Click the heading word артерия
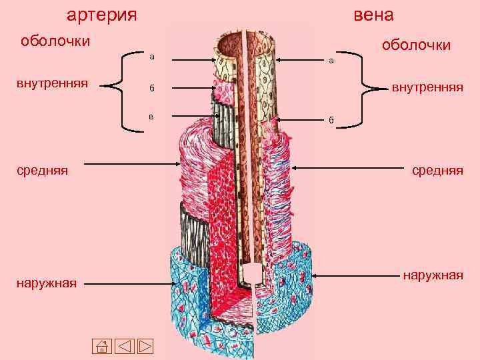tap(103, 14)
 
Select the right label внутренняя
tap(427, 87)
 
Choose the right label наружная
tap(432, 275)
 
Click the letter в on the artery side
tap(151, 116)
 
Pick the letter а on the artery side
tap(152, 57)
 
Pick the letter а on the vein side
tap(331, 61)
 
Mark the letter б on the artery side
tap(152, 88)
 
